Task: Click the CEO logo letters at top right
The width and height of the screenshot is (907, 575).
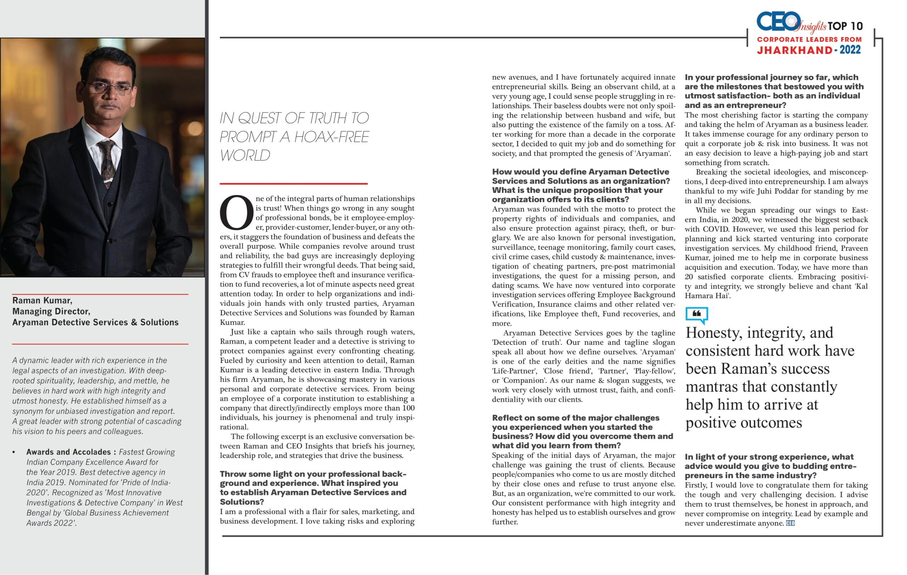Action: pyautogui.click(x=778, y=22)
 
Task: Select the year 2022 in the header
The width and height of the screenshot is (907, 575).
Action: pyautogui.click(x=850, y=50)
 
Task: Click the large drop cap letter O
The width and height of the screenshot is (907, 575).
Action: pyautogui.click(x=236, y=212)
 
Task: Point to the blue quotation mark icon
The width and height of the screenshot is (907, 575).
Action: pyautogui.click(x=697, y=315)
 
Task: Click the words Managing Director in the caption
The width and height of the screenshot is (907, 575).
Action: pyautogui.click(x=51, y=311)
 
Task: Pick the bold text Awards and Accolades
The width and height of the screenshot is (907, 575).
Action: pyautogui.click(x=68, y=451)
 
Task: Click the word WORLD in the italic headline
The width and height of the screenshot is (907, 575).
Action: pyautogui.click(x=245, y=155)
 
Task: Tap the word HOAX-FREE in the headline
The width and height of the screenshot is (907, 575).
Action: pyautogui.click(x=332, y=137)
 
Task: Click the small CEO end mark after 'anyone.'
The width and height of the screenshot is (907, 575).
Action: pyautogui.click(x=790, y=523)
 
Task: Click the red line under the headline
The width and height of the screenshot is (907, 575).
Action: pyautogui.click(x=293, y=184)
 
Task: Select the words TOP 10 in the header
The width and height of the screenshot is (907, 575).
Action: pyautogui.click(x=845, y=26)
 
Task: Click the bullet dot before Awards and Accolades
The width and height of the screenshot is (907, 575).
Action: pyautogui.click(x=14, y=452)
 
